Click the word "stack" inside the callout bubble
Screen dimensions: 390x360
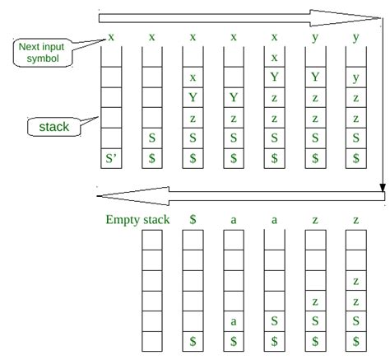point(54,127)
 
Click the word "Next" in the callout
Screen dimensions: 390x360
point(28,47)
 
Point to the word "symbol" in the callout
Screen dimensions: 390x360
point(43,58)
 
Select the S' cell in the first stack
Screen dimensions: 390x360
point(111,158)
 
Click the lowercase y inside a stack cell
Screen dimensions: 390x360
point(356,78)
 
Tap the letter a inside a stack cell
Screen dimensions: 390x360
point(234,321)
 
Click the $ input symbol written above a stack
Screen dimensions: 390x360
point(193,219)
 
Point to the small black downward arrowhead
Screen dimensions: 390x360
point(383,188)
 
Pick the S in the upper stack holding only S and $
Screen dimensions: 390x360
point(152,138)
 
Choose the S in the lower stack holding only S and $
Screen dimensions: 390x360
point(274,321)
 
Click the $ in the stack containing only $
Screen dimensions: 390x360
point(193,341)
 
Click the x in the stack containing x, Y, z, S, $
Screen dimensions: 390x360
point(193,77)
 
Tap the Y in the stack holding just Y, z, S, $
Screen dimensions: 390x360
point(234,97)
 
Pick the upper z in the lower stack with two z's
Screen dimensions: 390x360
point(356,281)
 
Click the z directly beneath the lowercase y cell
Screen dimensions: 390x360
point(356,98)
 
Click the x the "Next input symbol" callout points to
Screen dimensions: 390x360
point(111,37)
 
